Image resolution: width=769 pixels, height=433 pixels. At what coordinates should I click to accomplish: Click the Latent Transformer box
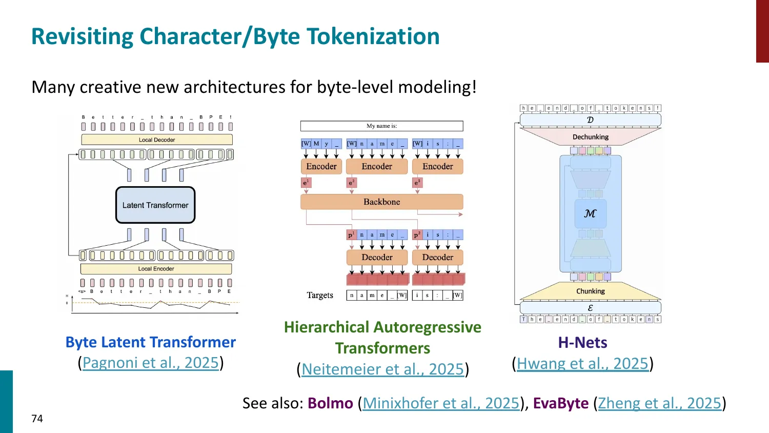[x=155, y=205]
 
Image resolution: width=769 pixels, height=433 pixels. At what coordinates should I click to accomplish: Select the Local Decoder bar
[x=157, y=140]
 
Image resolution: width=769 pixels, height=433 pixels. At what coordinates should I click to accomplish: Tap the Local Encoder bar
[x=156, y=268]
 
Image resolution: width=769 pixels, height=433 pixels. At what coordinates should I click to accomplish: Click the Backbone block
[x=381, y=202]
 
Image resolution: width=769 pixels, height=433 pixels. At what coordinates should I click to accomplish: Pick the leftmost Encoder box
[x=321, y=166]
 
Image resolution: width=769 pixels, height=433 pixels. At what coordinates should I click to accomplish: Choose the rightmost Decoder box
[x=437, y=257]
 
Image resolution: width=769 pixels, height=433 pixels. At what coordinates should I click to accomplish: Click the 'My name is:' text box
[x=381, y=126]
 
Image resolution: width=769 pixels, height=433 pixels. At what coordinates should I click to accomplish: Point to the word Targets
[x=320, y=295]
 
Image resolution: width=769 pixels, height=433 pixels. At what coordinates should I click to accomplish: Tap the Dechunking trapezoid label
[x=591, y=137]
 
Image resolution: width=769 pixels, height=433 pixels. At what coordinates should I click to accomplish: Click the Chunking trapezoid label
[x=591, y=291]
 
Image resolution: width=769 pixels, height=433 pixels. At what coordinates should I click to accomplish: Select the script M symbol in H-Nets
[x=590, y=213]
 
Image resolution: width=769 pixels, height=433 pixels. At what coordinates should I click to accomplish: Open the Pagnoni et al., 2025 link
[x=151, y=363]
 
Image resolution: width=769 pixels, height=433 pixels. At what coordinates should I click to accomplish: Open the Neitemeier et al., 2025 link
[x=382, y=369]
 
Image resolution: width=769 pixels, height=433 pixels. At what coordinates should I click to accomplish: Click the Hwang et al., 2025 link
[x=582, y=364]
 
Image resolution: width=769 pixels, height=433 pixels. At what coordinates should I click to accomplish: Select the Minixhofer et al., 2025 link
[x=441, y=403]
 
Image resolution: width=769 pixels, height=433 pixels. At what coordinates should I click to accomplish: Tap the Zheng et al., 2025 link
[x=659, y=403]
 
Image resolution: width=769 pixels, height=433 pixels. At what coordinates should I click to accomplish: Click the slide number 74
[x=37, y=419]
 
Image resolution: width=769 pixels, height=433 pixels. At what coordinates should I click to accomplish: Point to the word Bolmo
[x=330, y=403]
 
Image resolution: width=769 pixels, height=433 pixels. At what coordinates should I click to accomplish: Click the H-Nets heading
[x=582, y=342]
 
